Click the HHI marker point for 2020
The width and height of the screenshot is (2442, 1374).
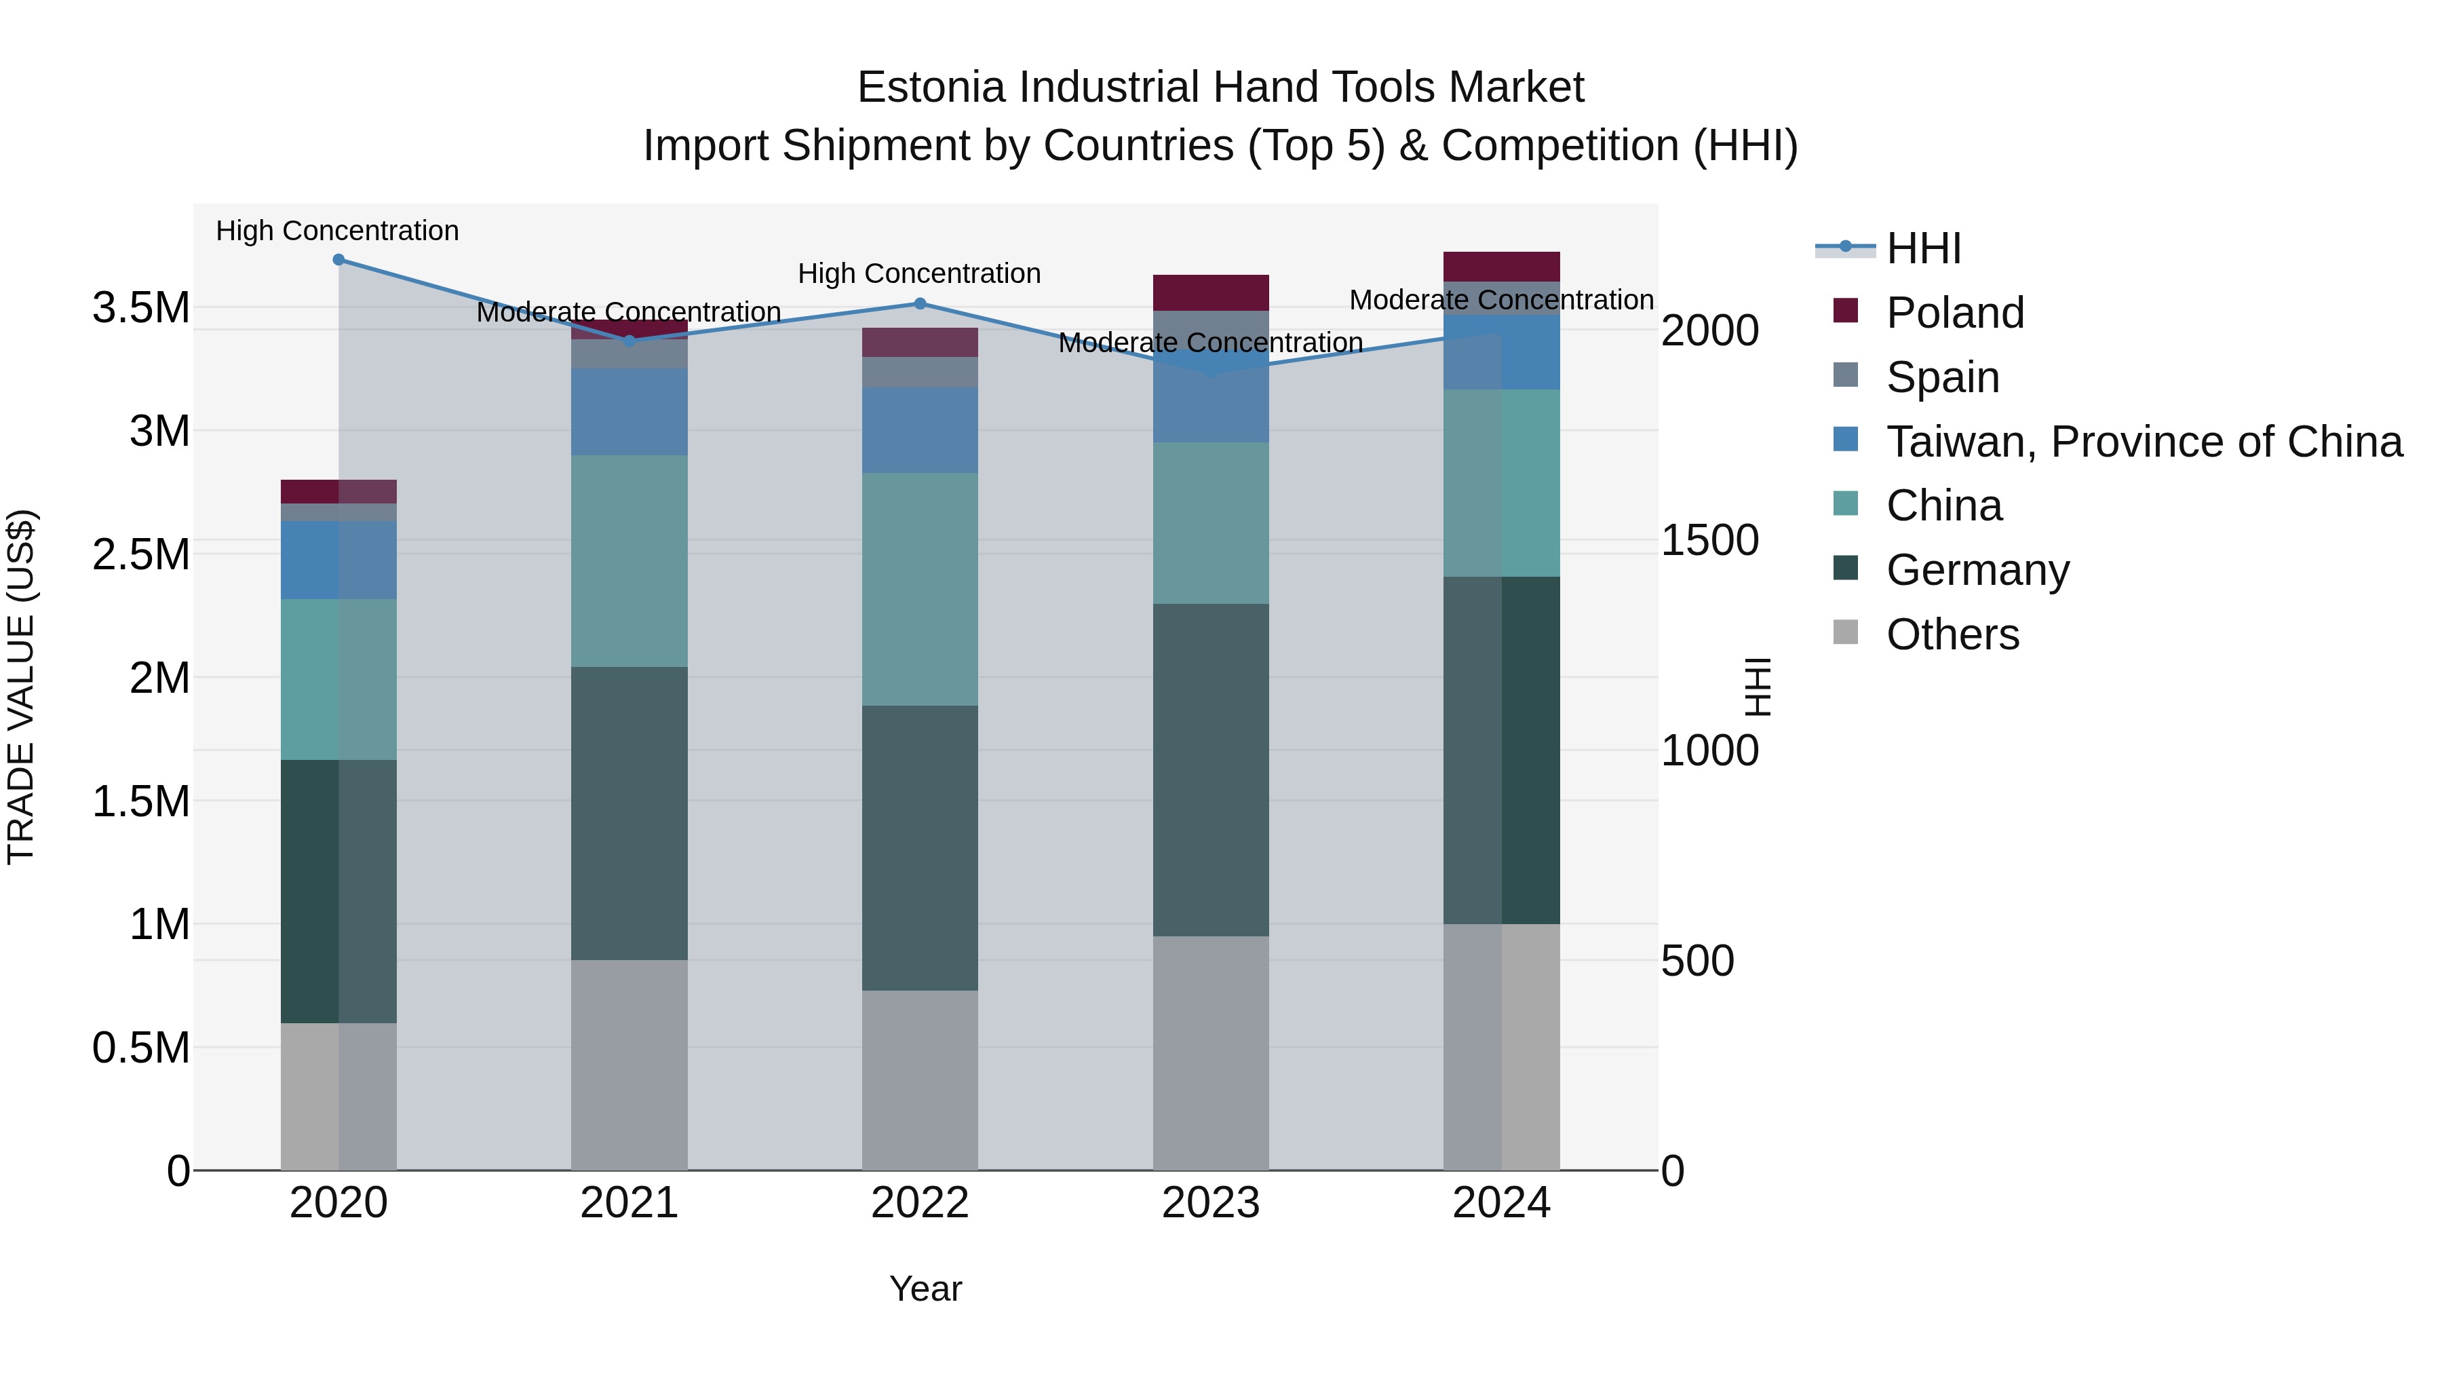tap(338, 260)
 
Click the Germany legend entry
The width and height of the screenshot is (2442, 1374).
tap(1977, 570)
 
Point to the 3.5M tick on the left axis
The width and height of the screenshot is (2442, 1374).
tap(140, 308)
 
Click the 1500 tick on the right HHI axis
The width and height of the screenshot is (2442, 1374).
tap(1709, 541)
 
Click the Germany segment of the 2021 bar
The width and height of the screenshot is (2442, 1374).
tap(629, 813)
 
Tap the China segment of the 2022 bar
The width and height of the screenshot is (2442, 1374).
tap(920, 589)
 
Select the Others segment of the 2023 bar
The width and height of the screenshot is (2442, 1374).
tap(1211, 1052)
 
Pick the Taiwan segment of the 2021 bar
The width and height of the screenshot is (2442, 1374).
tap(629, 412)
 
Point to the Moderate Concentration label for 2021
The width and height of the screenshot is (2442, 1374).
tap(629, 312)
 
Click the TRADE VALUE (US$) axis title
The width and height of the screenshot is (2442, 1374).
tap(21, 687)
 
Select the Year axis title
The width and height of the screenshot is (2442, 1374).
tap(925, 1289)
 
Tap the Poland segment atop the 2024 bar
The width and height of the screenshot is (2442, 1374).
tap(1502, 267)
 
